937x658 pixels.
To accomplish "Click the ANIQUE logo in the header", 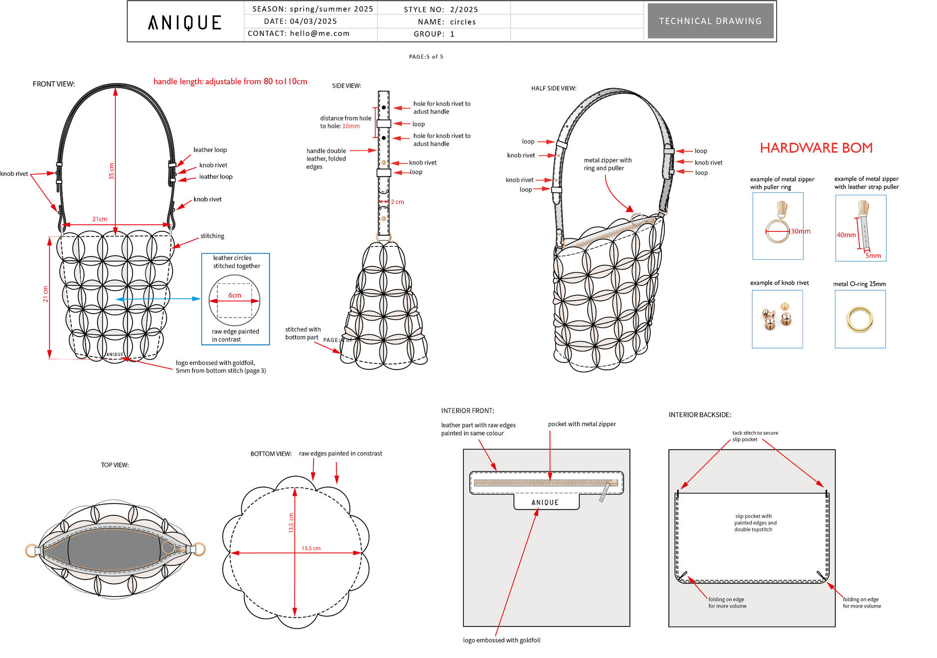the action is [184, 22].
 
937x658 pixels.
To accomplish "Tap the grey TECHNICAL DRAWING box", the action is [711, 21].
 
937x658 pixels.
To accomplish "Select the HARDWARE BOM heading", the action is [816, 148].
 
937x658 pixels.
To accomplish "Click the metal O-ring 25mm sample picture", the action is [860, 319].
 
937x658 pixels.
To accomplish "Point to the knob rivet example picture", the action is [777, 319].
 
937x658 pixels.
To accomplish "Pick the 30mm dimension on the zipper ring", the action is [800, 231].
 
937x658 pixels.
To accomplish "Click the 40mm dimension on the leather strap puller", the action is [846, 235].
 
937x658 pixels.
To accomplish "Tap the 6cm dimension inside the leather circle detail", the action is [235, 295].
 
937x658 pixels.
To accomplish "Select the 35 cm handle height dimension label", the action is [111, 171].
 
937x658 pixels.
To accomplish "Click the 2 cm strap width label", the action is [397, 202].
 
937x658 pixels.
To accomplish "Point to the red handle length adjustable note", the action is [230, 81].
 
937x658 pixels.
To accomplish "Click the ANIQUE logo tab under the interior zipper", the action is [546, 502].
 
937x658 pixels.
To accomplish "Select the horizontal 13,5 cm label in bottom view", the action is [311, 548].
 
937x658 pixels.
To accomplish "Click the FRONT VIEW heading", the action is [54, 84].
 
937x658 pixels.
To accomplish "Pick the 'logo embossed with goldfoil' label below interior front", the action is [501, 640].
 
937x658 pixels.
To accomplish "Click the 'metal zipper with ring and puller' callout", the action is [608, 164].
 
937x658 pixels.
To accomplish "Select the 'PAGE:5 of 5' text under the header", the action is [426, 57].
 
